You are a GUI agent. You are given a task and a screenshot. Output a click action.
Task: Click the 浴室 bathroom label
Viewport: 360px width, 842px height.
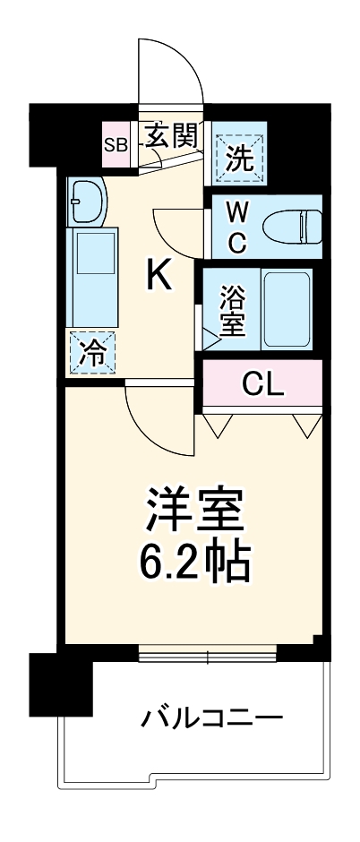pyautogui.click(x=232, y=310)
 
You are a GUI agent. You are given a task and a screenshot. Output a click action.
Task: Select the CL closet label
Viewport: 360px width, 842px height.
pyautogui.click(x=262, y=383)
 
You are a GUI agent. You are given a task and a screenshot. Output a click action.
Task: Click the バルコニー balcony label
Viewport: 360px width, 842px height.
pyautogui.click(x=211, y=717)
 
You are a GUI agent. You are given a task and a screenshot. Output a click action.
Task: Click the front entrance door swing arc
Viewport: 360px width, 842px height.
pyautogui.click(x=170, y=72)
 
